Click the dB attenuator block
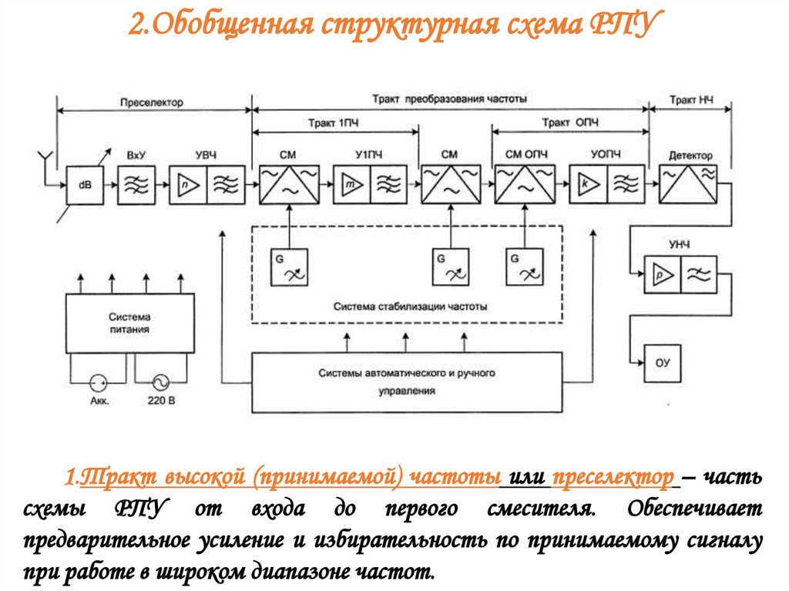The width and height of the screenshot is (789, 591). click(x=86, y=185)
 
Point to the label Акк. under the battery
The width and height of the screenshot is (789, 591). click(x=99, y=401)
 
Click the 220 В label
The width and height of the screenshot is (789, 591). click(x=160, y=401)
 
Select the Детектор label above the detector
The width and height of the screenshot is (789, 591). click(x=687, y=155)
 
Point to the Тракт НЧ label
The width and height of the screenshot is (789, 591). click(x=691, y=100)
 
